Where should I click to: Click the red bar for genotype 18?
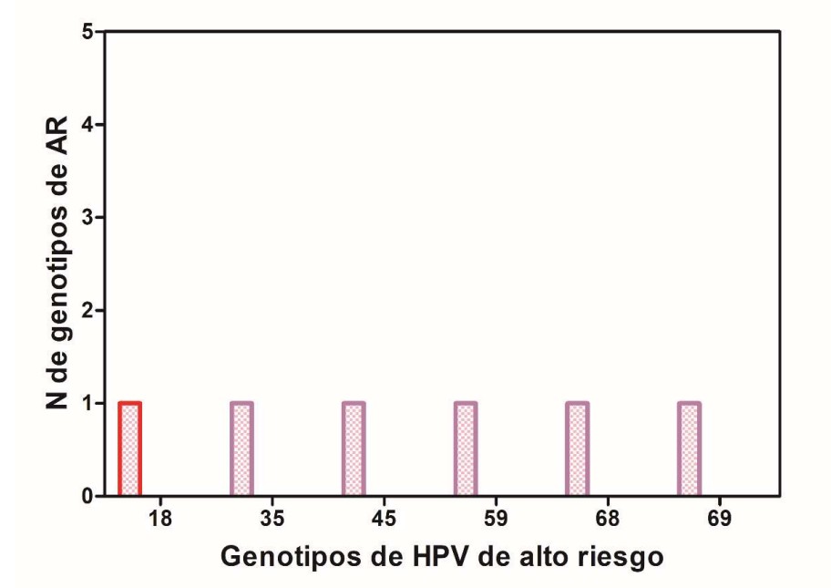[x=130, y=449]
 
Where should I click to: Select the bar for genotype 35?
[x=241, y=449]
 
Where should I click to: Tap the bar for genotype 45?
[x=354, y=449]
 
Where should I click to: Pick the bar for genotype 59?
[x=466, y=449]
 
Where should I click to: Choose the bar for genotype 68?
[x=578, y=449]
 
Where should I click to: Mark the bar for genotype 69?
[x=690, y=449]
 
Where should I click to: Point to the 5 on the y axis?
[x=88, y=32]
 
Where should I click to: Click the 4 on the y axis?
[x=88, y=125]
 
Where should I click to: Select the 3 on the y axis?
[x=88, y=218]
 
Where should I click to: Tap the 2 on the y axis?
[x=88, y=311]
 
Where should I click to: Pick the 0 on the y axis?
[x=88, y=497]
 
